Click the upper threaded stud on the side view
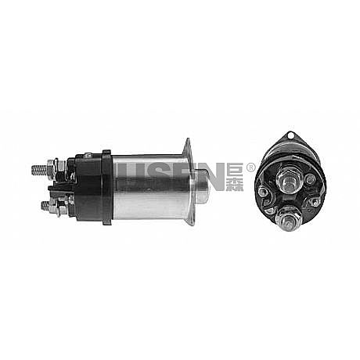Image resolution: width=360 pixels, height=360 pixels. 39,170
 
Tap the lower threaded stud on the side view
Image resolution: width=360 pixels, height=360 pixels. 46,206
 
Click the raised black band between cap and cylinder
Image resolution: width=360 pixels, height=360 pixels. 107,187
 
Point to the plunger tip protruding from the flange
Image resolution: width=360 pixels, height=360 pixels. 203,186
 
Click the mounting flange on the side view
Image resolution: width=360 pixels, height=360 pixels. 189,182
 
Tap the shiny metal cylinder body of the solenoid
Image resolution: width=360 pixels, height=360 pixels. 150,187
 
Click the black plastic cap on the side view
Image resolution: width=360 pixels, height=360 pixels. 88,187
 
